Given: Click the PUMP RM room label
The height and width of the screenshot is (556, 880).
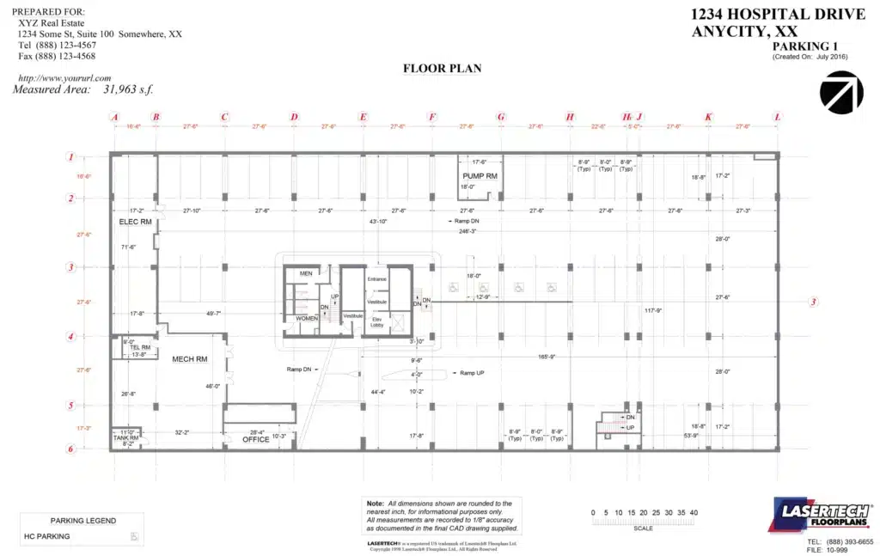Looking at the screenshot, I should pyautogui.click(x=480, y=175).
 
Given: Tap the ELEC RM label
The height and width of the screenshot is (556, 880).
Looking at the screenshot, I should pyautogui.click(x=135, y=222).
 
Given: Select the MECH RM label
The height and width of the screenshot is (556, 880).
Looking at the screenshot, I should pyautogui.click(x=190, y=359).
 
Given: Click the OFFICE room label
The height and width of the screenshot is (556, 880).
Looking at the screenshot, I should pyautogui.click(x=256, y=439).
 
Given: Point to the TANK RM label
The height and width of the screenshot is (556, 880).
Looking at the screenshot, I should pyautogui.click(x=126, y=437).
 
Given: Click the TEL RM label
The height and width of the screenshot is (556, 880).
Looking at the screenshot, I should pyautogui.click(x=140, y=347).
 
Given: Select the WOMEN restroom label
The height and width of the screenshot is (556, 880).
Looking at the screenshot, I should pyautogui.click(x=307, y=318).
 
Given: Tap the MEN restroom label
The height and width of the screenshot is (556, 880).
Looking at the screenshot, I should pyautogui.click(x=305, y=273).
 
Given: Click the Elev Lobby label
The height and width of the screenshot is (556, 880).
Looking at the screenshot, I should pyautogui.click(x=377, y=322).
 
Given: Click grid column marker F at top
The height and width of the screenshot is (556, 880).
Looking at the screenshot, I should pyautogui.click(x=431, y=117).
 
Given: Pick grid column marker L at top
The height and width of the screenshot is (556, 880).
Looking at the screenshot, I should pyautogui.click(x=778, y=117).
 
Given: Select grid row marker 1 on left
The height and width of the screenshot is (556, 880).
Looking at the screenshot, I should pyautogui.click(x=71, y=157).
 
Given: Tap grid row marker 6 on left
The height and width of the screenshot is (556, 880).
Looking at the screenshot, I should pyautogui.click(x=71, y=448).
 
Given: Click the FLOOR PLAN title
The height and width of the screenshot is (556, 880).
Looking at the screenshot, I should pyautogui.click(x=442, y=69).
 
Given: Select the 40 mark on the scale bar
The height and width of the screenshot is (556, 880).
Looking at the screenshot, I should pyautogui.click(x=693, y=513).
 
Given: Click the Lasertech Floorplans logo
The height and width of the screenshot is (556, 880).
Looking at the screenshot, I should pyautogui.click(x=822, y=515).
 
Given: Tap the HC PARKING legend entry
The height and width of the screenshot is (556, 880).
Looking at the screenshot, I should pyautogui.click(x=47, y=536).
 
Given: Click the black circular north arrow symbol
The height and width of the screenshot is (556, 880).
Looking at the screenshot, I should pyautogui.click(x=841, y=93).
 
